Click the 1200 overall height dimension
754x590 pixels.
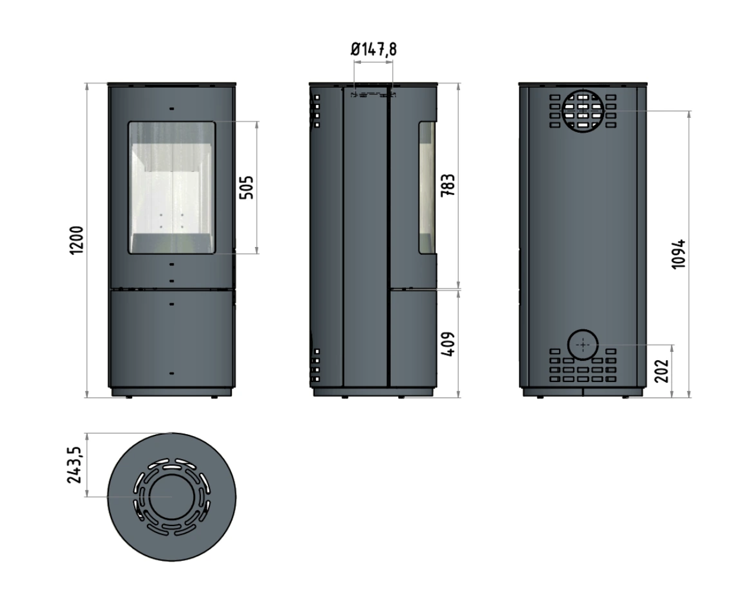(x=76, y=241)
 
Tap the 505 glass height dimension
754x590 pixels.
(x=247, y=188)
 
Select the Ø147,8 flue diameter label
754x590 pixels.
(x=373, y=50)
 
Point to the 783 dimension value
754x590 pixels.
(x=448, y=185)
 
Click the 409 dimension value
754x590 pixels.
(x=448, y=344)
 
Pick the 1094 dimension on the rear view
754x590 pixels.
(x=678, y=254)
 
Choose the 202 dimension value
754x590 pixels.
(x=662, y=371)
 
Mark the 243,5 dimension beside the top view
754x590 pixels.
(x=74, y=465)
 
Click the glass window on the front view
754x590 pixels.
(x=172, y=188)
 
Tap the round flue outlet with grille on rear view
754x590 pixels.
(x=583, y=111)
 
